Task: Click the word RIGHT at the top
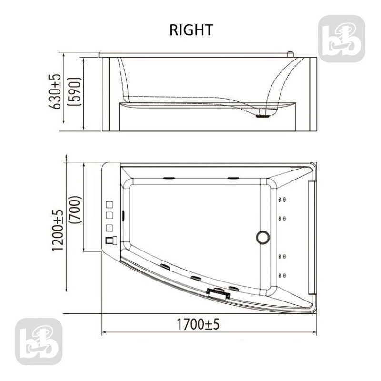click(191, 30)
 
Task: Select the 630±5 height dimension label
click(54, 91)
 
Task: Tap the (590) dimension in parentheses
click(74, 91)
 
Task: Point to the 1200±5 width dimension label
click(58, 230)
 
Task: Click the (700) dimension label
click(75, 210)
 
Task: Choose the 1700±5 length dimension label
click(198, 324)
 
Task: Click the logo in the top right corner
click(341, 39)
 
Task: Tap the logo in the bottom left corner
click(39, 341)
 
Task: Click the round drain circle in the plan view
click(263, 237)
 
